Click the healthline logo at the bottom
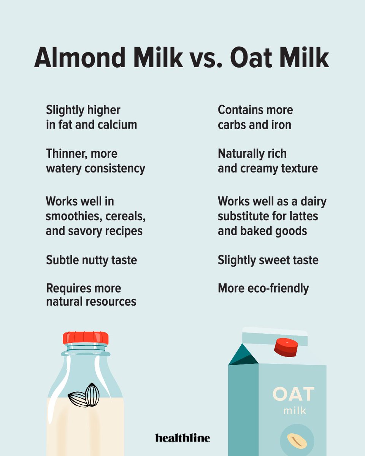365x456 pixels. (182, 438)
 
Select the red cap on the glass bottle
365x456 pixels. (86, 338)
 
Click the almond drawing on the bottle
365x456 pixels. (84, 396)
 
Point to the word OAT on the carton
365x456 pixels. (293, 394)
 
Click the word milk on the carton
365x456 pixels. (295, 411)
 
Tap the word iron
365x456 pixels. (281, 125)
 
